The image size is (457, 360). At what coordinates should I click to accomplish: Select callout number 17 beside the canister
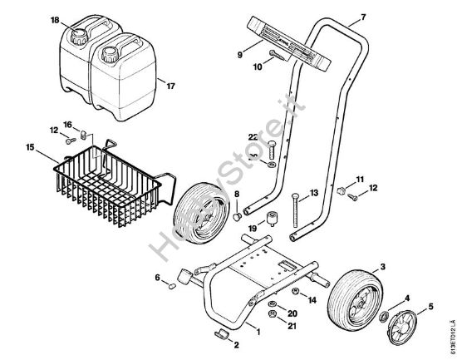click(x=171, y=85)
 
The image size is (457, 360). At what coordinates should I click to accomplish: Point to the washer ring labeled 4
click(x=385, y=316)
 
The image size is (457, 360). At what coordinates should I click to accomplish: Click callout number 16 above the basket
click(x=69, y=125)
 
